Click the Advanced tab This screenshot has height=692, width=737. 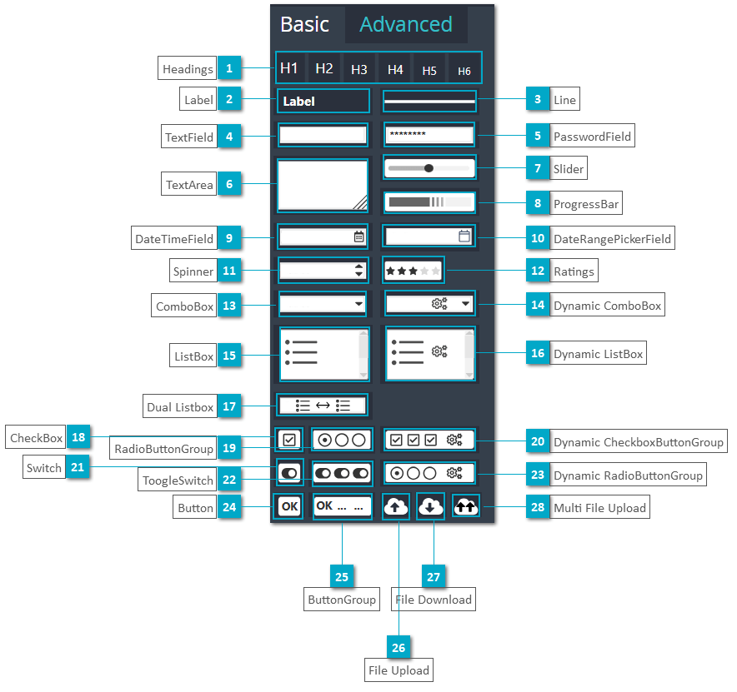(x=405, y=25)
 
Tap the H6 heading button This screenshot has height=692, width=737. (x=464, y=71)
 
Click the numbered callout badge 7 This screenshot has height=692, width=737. (x=538, y=169)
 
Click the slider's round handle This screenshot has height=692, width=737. (x=429, y=168)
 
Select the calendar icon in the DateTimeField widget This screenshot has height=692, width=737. (x=359, y=236)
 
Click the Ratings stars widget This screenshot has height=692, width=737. (x=413, y=271)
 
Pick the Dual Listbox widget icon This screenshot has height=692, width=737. (x=323, y=406)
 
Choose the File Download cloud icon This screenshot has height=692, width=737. (x=430, y=505)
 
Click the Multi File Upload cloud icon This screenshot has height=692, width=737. (x=466, y=505)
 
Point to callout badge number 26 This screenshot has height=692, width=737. (x=399, y=647)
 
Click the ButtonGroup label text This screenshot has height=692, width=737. (x=342, y=600)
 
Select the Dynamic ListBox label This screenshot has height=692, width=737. (x=599, y=354)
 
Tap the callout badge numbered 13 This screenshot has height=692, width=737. (x=228, y=306)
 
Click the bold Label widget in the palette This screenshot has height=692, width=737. (x=323, y=102)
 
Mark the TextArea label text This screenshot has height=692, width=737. (x=189, y=185)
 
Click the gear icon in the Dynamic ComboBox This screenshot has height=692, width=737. (x=439, y=304)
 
